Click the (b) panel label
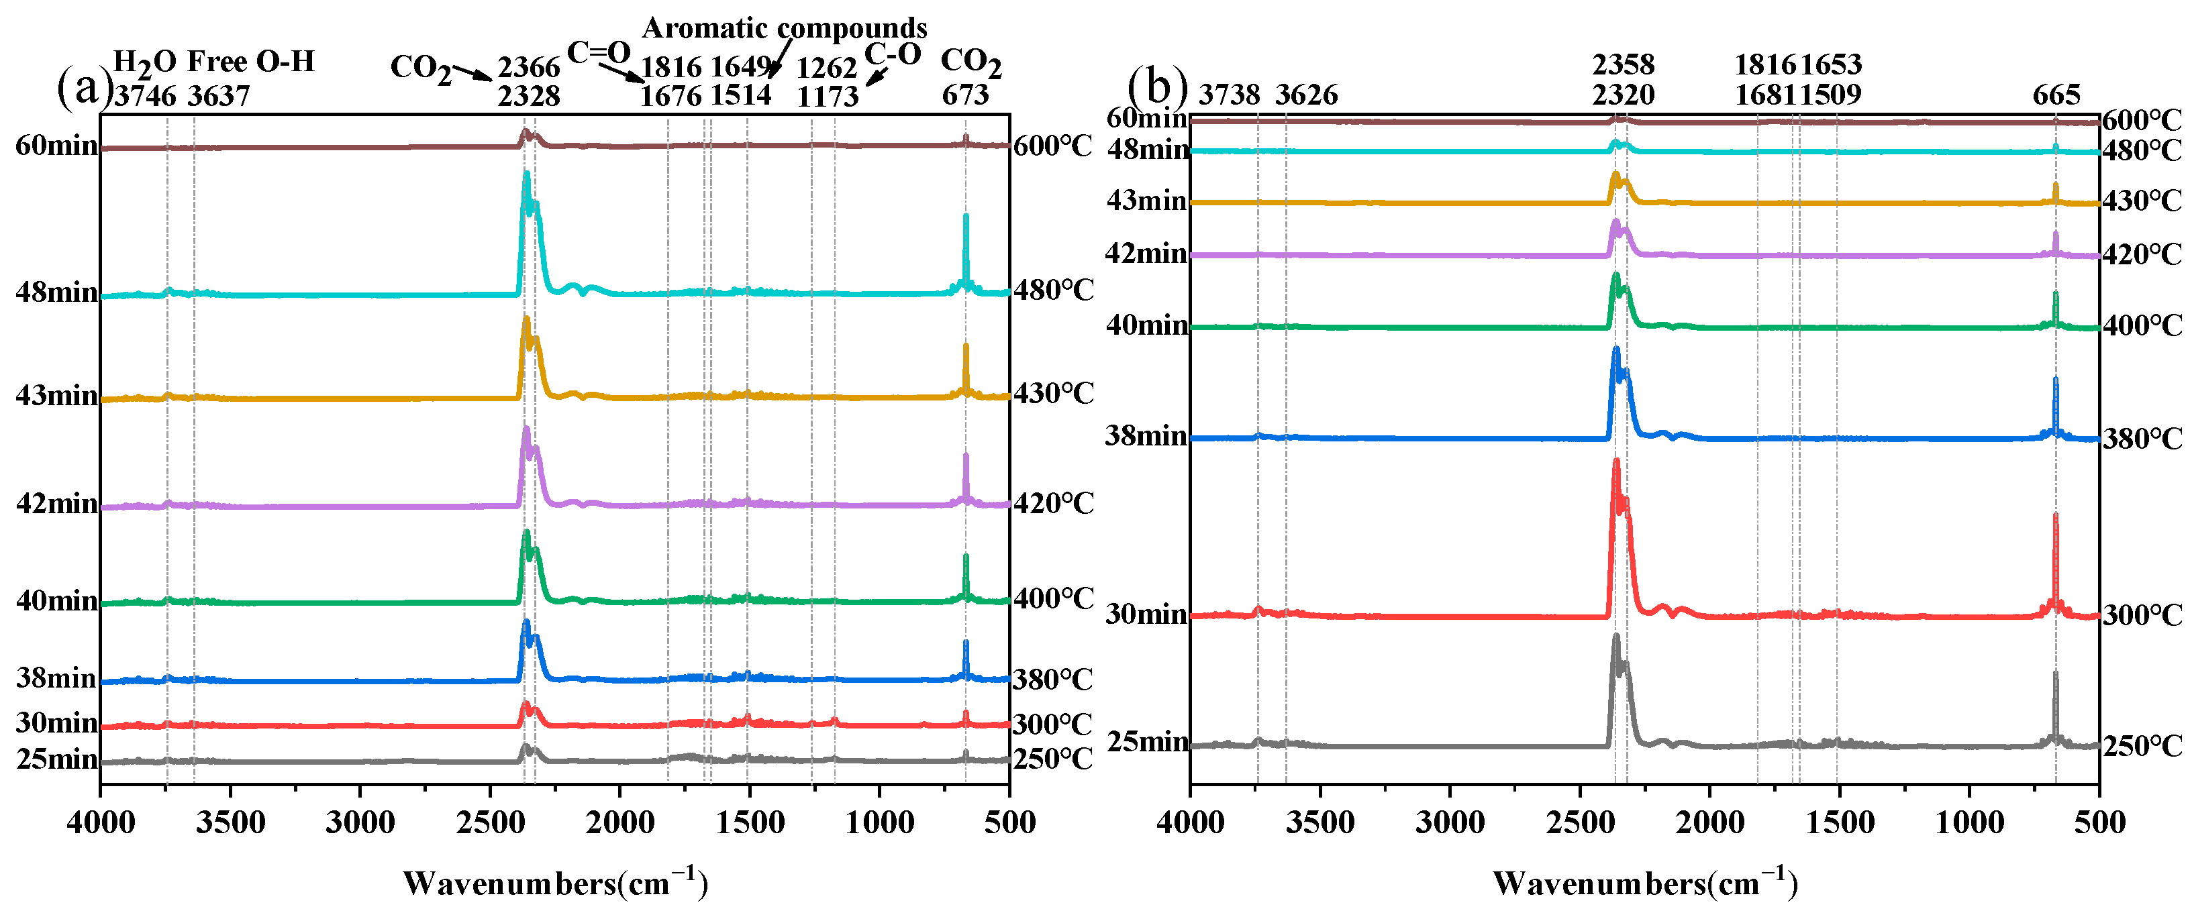[1156, 87]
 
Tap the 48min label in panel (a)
[56, 292]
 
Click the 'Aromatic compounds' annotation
[784, 28]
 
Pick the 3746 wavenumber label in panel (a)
[145, 96]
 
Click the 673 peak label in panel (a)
[965, 95]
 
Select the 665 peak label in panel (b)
[2056, 95]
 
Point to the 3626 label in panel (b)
[1305, 95]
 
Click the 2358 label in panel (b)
[1623, 64]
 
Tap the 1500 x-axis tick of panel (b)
[1839, 822]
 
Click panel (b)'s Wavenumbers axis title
[1644, 883]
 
